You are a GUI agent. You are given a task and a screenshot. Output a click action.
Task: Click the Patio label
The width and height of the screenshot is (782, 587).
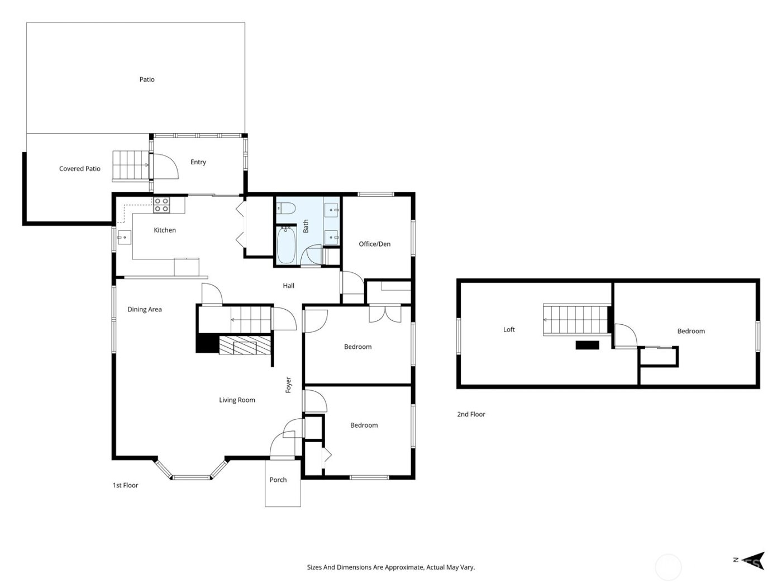coord(147,79)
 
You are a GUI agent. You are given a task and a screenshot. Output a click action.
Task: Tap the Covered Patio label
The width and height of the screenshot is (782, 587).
coord(80,168)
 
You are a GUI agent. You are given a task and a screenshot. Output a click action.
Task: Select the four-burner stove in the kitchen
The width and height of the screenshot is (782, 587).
coord(161,205)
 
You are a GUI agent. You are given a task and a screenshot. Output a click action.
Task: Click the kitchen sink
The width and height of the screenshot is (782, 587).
coord(123,238)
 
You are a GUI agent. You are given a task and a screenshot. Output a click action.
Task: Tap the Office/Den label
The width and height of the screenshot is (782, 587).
coord(374,244)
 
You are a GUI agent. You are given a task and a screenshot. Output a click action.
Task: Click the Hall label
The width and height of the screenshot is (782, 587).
coord(288,286)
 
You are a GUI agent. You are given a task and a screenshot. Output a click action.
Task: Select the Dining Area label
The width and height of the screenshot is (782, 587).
coord(145,309)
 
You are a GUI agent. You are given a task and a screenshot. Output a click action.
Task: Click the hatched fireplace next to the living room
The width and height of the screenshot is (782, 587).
coord(237,345)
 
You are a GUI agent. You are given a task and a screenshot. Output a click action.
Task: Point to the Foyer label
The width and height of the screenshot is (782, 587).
coord(288,385)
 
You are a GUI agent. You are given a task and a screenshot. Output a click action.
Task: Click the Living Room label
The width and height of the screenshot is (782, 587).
coord(237,400)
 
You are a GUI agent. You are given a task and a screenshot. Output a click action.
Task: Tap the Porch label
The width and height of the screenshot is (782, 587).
coord(278,480)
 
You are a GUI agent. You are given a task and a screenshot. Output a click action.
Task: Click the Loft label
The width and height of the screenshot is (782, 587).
coord(509,330)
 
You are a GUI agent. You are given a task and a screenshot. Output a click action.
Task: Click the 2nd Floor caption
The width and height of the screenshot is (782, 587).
coord(471,414)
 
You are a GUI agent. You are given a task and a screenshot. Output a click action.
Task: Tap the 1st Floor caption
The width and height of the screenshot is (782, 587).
coord(125,485)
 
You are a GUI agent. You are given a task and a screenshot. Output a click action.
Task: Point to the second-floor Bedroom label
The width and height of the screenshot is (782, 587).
coord(691,331)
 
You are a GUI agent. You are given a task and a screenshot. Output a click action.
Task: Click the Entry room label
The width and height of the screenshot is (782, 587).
coord(198,162)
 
